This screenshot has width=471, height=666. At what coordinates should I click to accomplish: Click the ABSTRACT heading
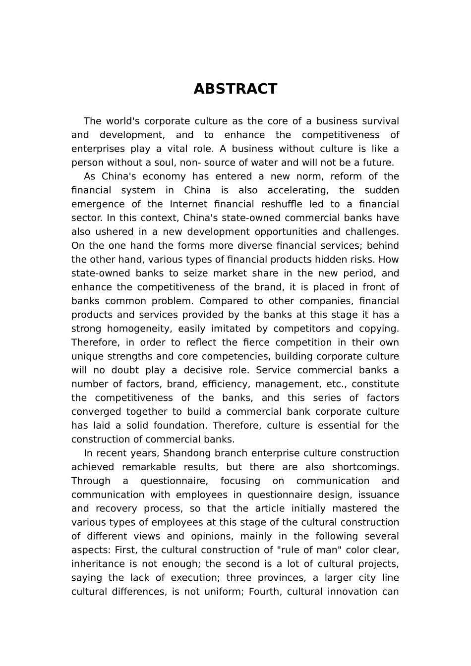point(235,89)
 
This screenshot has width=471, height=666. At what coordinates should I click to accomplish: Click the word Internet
point(190,205)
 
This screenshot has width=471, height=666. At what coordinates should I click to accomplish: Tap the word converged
point(96,412)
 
